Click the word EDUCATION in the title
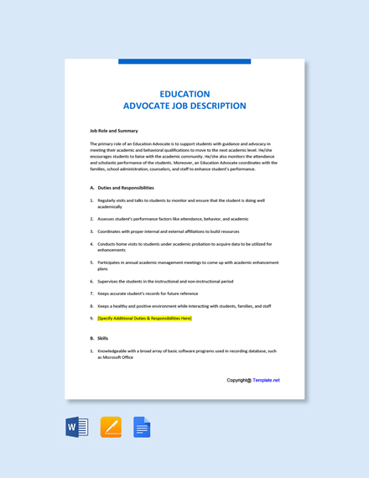(184, 94)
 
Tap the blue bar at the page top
(184, 61)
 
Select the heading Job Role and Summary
(113, 131)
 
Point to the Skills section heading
(103, 338)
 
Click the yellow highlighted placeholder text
(144, 319)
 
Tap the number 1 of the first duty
(91, 200)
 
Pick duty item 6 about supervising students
(165, 282)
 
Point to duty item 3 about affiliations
(168, 231)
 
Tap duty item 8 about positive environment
(184, 306)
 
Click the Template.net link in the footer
(266, 380)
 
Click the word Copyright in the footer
(238, 380)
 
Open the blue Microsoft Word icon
(77, 427)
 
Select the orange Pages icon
(111, 427)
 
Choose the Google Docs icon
(142, 427)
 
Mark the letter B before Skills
(91, 338)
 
